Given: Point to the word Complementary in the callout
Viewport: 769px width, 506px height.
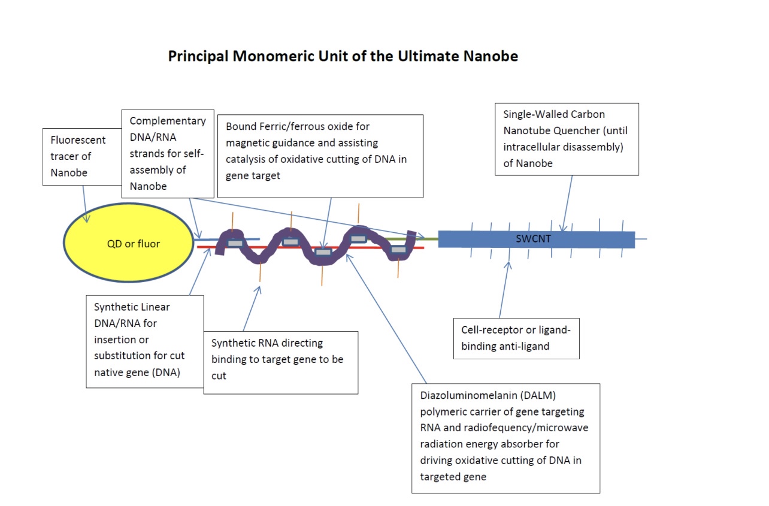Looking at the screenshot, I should (x=168, y=121).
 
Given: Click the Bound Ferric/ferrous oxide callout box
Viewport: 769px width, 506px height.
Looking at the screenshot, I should (x=320, y=156).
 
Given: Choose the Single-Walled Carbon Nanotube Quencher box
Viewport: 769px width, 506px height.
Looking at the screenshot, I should (x=567, y=139).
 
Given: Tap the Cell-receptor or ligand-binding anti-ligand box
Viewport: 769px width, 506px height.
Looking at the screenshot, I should (x=516, y=338).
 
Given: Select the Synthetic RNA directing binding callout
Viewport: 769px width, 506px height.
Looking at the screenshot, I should (x=280, y=362).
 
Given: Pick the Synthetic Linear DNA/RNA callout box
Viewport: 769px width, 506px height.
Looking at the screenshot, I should (x=144, y=341).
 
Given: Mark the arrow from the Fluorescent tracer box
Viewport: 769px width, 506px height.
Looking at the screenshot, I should (x=84, y=204).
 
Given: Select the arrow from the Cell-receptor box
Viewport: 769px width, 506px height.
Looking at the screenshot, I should (x=504, y=290).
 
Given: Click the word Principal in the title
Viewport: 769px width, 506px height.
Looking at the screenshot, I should (x=198, y=56).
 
